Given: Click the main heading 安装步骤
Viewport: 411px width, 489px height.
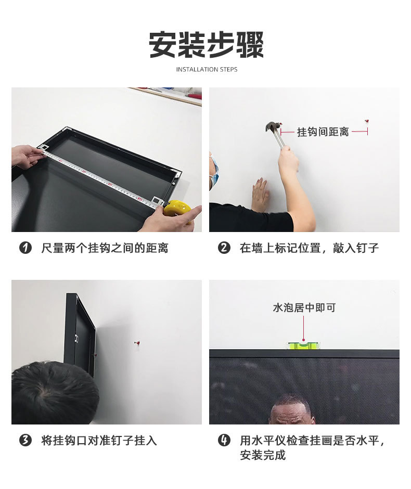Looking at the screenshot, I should (x=207, y=45).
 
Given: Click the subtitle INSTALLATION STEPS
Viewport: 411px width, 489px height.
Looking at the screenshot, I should (x=207, y=69).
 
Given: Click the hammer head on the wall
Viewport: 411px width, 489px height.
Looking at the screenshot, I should (x=273, y=127).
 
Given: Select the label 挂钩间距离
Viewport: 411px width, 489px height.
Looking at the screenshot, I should (x=323, y=132).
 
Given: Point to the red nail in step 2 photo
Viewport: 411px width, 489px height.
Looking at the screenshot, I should (x=367, y=121).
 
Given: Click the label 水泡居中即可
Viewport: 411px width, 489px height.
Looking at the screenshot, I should (x=304, y=307).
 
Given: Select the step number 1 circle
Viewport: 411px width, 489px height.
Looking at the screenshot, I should (x=25, y=248).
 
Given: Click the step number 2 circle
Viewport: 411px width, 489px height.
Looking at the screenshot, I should (x=224, y=248).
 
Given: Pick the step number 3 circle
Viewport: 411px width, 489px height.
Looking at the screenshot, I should (x=25, y=440).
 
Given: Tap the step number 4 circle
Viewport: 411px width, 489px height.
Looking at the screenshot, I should (x=224, y=440).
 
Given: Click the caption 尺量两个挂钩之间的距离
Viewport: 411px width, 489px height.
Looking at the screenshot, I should (x=105, y=248).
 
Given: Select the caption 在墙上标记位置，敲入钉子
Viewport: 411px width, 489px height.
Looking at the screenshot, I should (x=309, y=248).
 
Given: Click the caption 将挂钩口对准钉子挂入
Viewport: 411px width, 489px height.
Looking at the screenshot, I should (x=99, y=440).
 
